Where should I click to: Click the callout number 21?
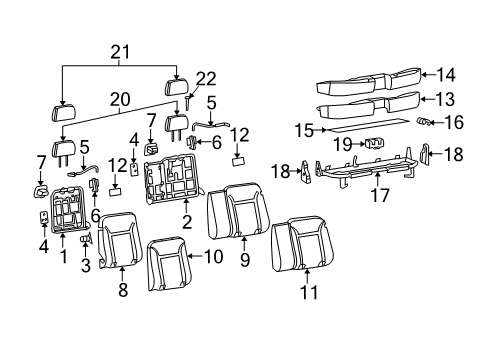120,52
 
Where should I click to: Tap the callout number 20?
120,99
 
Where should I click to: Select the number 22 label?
205,79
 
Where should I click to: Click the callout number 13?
445,99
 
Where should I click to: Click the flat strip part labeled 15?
365,127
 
